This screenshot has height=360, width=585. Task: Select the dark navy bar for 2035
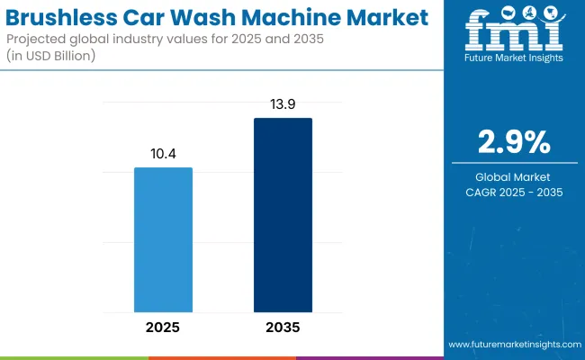(283, 216)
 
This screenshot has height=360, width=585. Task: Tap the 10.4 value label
(163, 153)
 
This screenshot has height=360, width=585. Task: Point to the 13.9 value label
(283, 104)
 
